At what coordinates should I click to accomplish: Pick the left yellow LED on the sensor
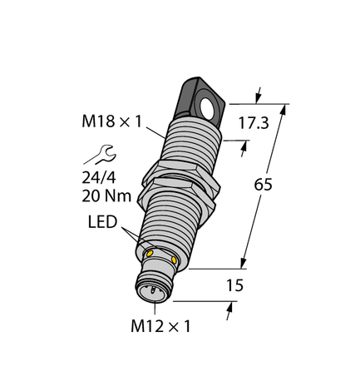pyautogui.click(x=150, y=253)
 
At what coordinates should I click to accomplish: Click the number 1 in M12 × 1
pyautogui.click(x=185, y=325)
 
